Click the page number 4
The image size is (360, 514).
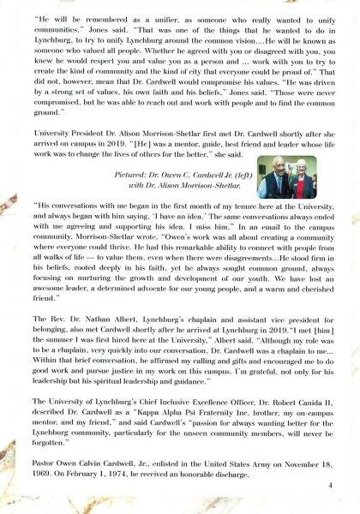329,485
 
